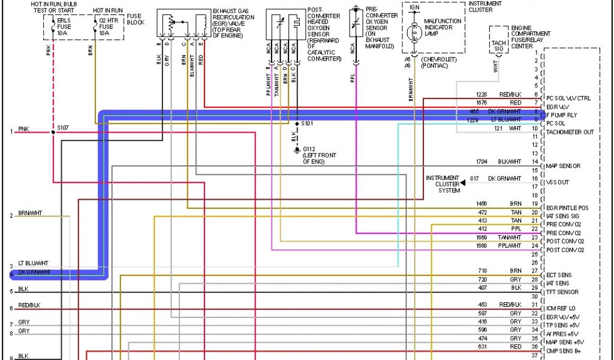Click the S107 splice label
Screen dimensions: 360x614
[63, 127]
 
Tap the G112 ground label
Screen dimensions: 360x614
[309, 148]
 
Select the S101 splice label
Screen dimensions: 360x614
[307, 124]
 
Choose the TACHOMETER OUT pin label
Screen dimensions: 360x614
[570, 131]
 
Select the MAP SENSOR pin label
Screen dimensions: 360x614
[564, 166]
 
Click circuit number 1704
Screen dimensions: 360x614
[481, 161]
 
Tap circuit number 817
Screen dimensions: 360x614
[474, 178]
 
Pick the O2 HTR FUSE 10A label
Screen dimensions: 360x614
[106, 26]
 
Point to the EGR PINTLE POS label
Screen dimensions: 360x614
[567, 208]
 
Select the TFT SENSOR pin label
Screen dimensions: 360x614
[563, 292]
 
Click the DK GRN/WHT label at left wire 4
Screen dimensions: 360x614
[35, 272]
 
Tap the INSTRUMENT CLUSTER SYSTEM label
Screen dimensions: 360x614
[443, 184]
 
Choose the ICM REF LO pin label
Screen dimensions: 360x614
[562, 308]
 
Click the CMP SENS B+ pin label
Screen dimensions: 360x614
[564, 350]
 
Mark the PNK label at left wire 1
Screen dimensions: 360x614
[23, 129]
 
